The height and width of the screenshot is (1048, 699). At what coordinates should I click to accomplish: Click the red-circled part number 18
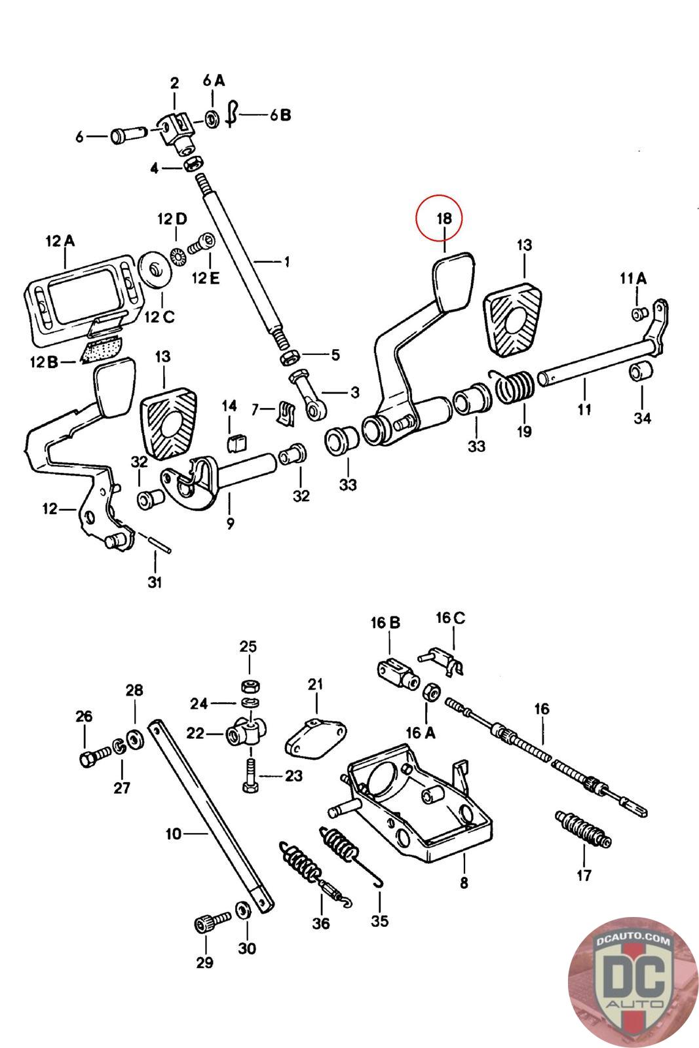click(444, 218)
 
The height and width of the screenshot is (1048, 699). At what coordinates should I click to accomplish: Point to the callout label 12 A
click(60, 241)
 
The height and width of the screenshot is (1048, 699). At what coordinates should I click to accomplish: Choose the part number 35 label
click(379, 920)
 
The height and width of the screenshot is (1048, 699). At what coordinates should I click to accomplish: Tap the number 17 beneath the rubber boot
click(583, 874)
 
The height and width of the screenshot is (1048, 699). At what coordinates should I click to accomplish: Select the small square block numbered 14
click(235, 444)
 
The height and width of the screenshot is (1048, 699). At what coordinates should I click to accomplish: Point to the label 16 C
click(451, 618)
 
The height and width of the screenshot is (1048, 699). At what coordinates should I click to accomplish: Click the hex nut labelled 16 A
click(430, 692)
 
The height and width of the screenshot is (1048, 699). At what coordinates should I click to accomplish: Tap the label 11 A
click(633, 278)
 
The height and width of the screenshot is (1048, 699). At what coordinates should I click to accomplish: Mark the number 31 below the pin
click(154, 582)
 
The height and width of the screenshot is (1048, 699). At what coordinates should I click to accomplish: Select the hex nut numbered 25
click(248, 686)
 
